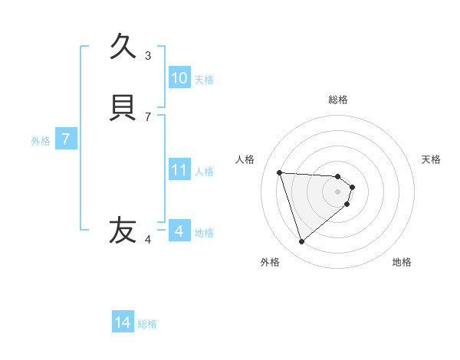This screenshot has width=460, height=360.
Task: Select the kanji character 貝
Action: [123, 107]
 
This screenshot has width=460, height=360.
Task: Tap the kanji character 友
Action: [123, 230]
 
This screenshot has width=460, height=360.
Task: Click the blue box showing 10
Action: [179, 78]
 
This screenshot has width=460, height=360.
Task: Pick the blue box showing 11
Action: [179, 170]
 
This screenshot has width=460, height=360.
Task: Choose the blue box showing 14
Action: [123, 322]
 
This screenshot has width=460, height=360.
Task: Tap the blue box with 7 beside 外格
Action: [66, 140]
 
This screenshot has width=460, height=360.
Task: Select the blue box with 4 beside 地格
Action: [179, 231]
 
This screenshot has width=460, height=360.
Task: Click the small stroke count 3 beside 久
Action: [148, 55]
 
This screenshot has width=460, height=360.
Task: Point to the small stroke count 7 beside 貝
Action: [148, 116]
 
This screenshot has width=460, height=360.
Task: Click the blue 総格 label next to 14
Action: [147, 324]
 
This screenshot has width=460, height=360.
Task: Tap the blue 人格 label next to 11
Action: [204, 172]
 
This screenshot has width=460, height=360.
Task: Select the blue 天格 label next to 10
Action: [204, 80]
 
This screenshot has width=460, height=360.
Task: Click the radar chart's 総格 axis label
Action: [338, 100]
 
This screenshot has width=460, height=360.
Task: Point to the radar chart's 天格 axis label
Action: [431, 159]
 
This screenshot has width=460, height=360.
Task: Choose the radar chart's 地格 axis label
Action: [402, 262]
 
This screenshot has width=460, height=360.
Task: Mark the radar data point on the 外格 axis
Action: [301, 242]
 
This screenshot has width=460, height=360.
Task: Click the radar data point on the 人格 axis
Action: [280, 172]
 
